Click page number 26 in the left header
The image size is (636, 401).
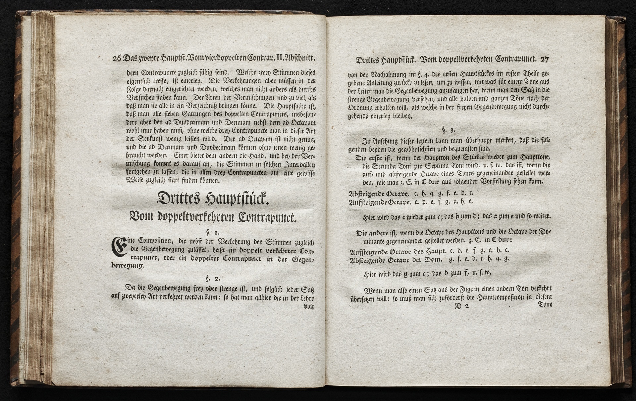(x=117, y=59)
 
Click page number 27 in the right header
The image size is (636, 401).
(x=544, y=60)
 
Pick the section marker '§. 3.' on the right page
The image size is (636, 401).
(x=446, y=129)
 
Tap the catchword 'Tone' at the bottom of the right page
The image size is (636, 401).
(x=545, y=304)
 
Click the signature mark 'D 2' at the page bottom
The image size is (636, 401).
(x=462, y=306)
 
